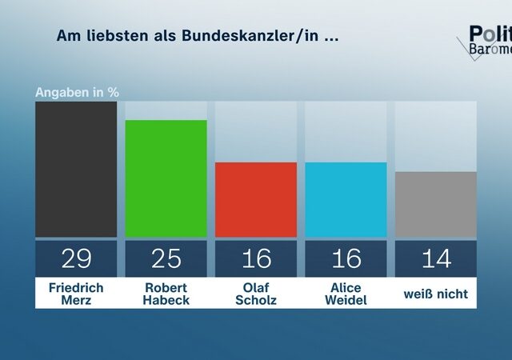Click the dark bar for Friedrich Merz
click(76, 170)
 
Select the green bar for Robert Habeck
click(166, 178)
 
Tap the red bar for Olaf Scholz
click(256, 200)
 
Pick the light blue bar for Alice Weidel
click(346, 200)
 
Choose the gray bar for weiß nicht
click(436, 205)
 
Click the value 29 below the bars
click(76, 258)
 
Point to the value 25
click(166, 258)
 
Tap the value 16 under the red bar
click(256, 258)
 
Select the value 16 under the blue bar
click(346, 258)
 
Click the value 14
click(436, 258)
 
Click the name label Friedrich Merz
click(76, 294)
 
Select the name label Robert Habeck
click(166, 294)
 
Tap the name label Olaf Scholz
click(256, 294)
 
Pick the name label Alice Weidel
click(346, 294)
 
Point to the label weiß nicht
click(436, 294)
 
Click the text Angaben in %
click(77, 91)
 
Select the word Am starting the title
click(66, 37)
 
